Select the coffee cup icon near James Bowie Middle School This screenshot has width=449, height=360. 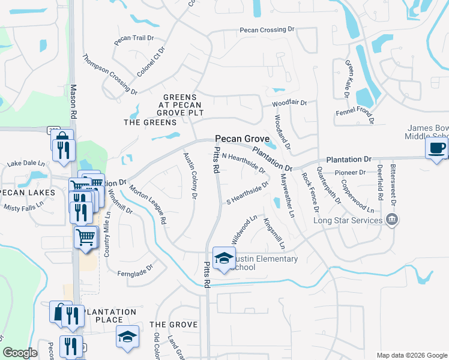click(x=437, y=148)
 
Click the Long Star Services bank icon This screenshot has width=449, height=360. click(x=393, y=220)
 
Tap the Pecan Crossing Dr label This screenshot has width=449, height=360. click(x=268, y=29)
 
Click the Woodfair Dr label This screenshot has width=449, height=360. click(x=289, y=103)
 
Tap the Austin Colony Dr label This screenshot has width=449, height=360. click(x=190, y=172)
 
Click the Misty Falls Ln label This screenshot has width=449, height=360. click(x=24, y=205)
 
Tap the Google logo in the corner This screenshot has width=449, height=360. click(x=20, y=353)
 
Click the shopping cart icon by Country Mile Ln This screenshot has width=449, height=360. click(x=85, y=237)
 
